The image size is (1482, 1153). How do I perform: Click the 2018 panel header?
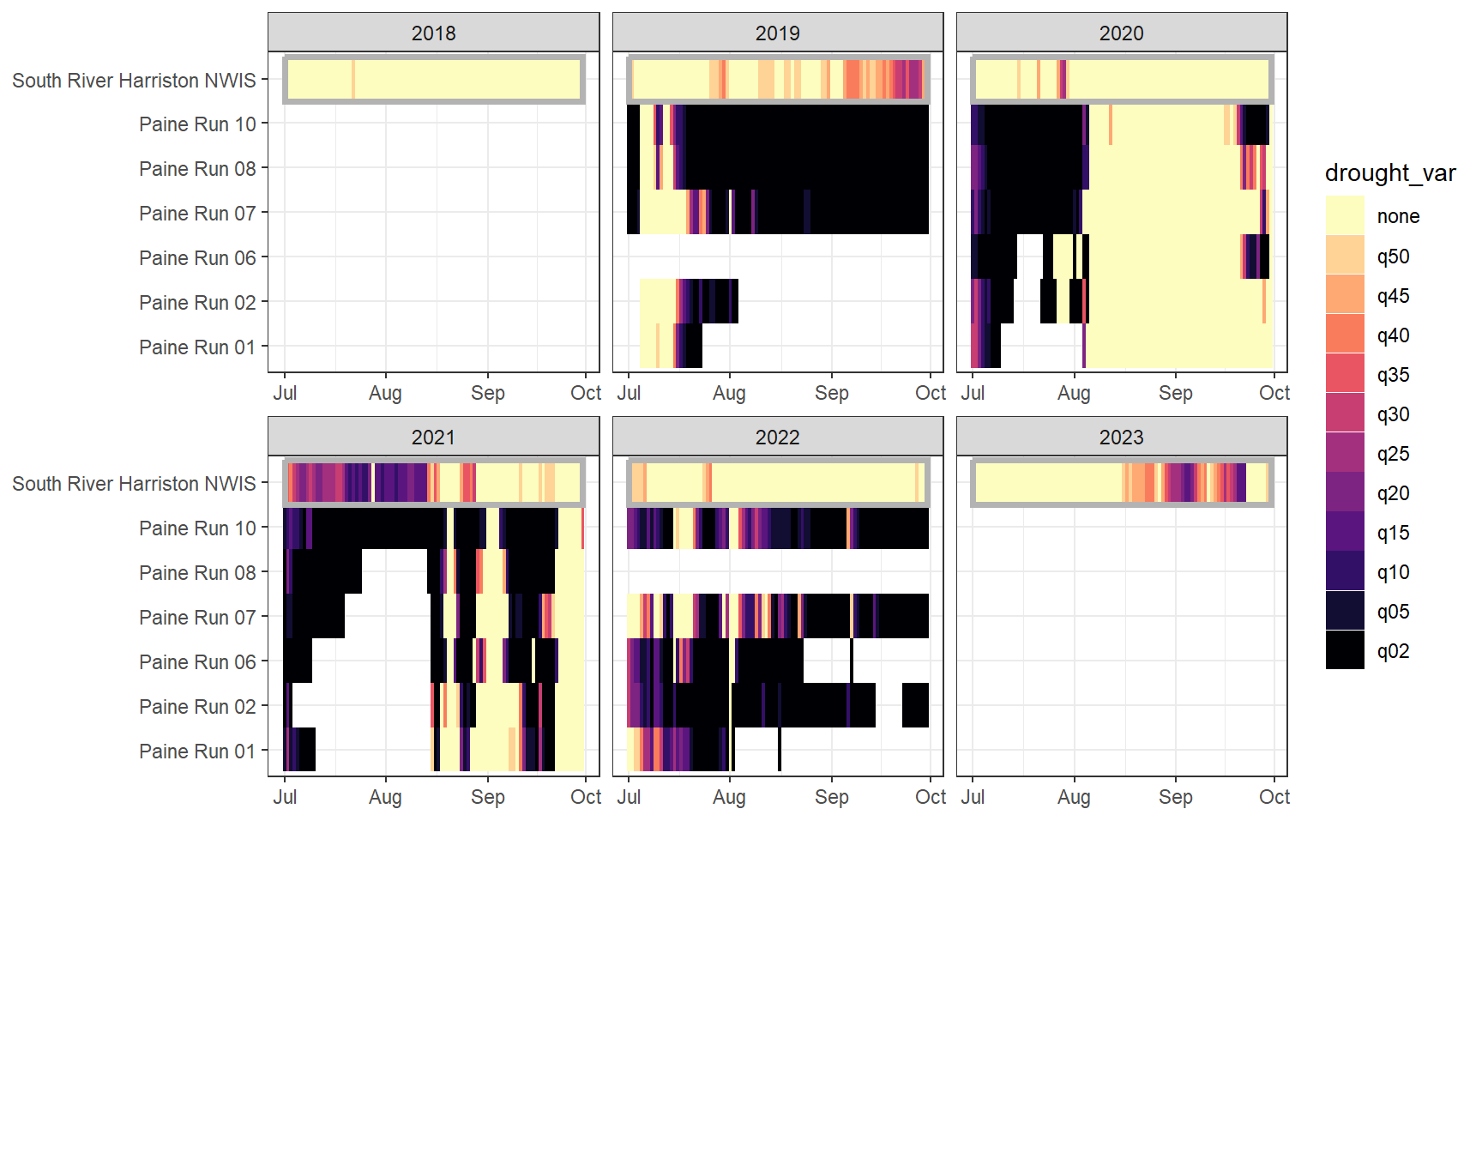(433, 33)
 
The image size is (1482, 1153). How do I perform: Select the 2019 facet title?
(777, 33)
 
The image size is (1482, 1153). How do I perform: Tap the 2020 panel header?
(1121, 33)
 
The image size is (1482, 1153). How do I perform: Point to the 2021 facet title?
(433, 438)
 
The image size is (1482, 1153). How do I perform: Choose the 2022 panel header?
(777, 438)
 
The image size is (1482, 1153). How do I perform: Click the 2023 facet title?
(1121, 438)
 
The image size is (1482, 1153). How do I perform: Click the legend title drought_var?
(1389, 173)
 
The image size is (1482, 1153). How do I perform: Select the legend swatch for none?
(1344, 215)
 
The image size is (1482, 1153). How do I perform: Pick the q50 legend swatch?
(1344, 256)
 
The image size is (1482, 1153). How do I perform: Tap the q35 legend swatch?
(1344, 374)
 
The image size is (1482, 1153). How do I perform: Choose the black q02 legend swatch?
(1344, 650)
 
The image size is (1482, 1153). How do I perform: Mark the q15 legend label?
(1393, 533)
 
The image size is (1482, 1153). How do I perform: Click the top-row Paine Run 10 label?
(197, 124)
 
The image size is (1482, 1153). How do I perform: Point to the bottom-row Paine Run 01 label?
(197, 752)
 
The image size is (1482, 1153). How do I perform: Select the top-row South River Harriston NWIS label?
(134, 81)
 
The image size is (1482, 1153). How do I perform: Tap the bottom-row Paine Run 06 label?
(197, 662)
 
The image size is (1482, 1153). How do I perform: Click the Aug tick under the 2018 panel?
(385, 393)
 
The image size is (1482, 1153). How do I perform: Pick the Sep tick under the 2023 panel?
(1175, 797)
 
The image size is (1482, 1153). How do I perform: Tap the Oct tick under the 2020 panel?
(1274, 393)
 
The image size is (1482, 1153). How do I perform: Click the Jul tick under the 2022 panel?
(629, 797)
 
